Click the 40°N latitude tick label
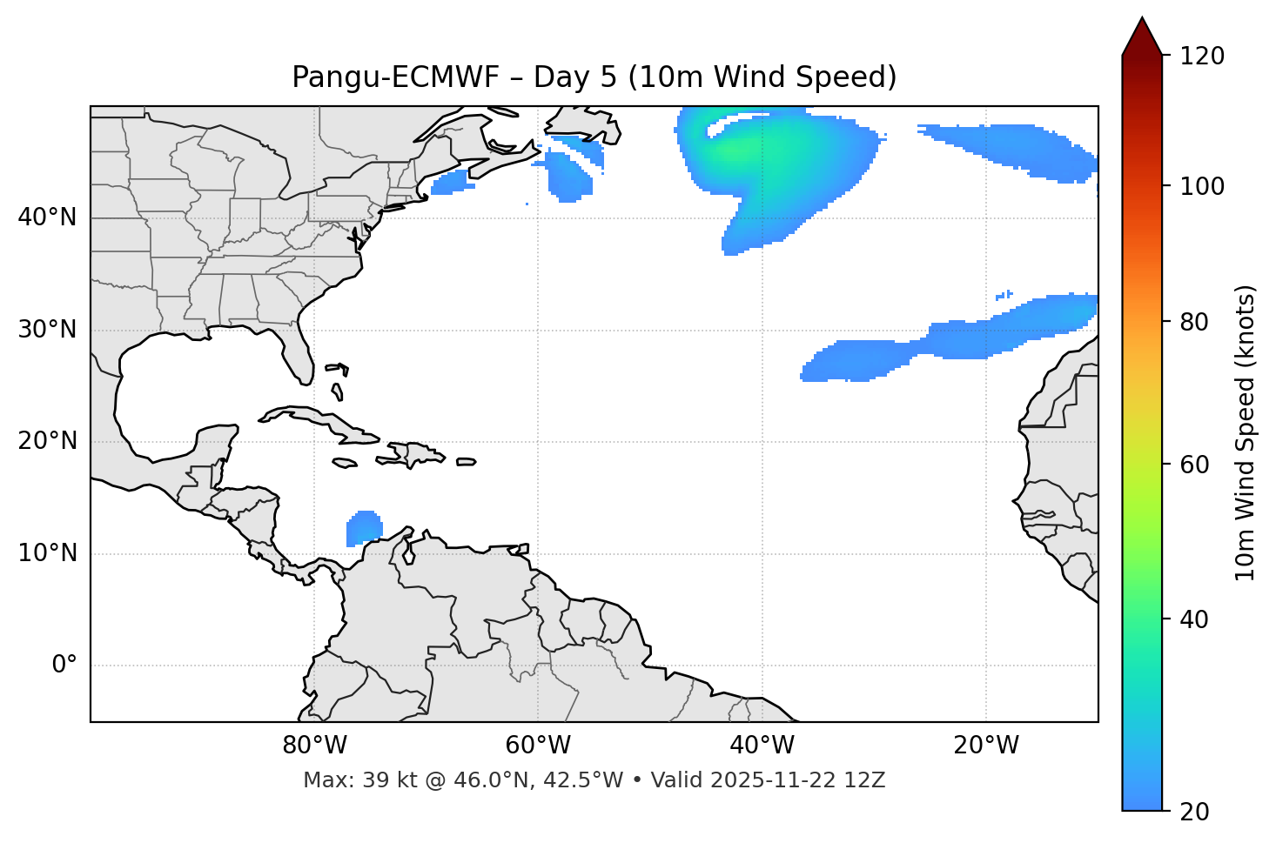47,217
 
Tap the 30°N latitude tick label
47,330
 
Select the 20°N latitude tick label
47,441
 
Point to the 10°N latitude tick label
47,553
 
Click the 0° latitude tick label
64,666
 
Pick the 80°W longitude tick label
314,746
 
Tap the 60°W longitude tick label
538,746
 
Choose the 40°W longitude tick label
762,746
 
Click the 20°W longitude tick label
986,746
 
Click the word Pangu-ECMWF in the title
395,77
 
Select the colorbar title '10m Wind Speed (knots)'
1246,432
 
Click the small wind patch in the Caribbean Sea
364,528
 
